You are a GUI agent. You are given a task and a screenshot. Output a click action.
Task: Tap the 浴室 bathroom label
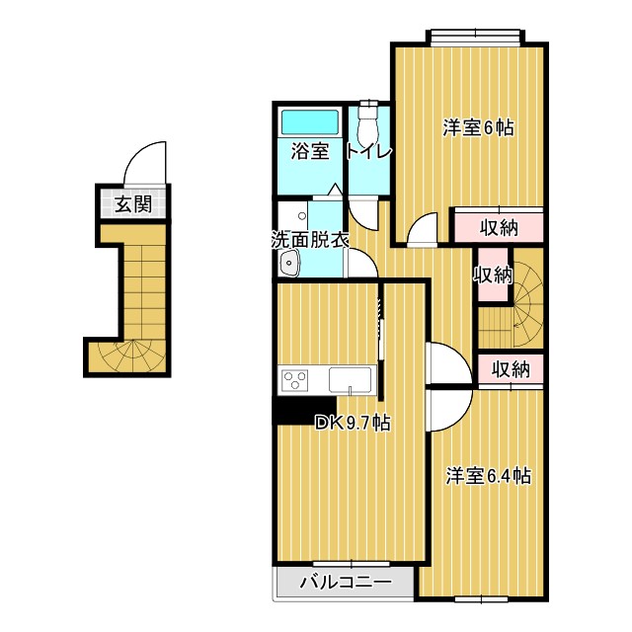pos(309,152)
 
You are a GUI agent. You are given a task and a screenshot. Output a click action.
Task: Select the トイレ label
pos(369,152)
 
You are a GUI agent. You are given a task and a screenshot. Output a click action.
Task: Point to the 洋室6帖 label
pos(478,127)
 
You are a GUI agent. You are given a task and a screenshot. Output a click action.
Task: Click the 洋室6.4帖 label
pos(488,476)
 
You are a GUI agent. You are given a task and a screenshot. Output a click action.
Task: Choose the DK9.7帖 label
pos(353,424)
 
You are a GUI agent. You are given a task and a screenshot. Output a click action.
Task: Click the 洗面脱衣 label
pos(310,238)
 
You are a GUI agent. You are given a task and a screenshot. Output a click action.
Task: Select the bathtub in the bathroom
pos(310,122)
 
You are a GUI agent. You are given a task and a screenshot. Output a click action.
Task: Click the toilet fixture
pos(369,124)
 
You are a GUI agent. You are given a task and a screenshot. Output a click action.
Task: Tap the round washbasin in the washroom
pos(290,263)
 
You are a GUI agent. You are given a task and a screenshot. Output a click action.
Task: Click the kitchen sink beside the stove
pos(351,380)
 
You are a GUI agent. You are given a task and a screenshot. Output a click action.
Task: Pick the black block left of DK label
pos(293,410)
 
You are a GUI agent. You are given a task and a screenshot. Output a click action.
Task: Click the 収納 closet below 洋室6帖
pos(499,226)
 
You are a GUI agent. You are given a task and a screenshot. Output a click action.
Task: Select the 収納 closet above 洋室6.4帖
pos(510,369)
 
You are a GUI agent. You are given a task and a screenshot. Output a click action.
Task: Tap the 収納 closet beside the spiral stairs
pos(492,274)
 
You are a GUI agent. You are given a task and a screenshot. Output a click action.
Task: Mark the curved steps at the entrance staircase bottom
pos(128,356)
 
